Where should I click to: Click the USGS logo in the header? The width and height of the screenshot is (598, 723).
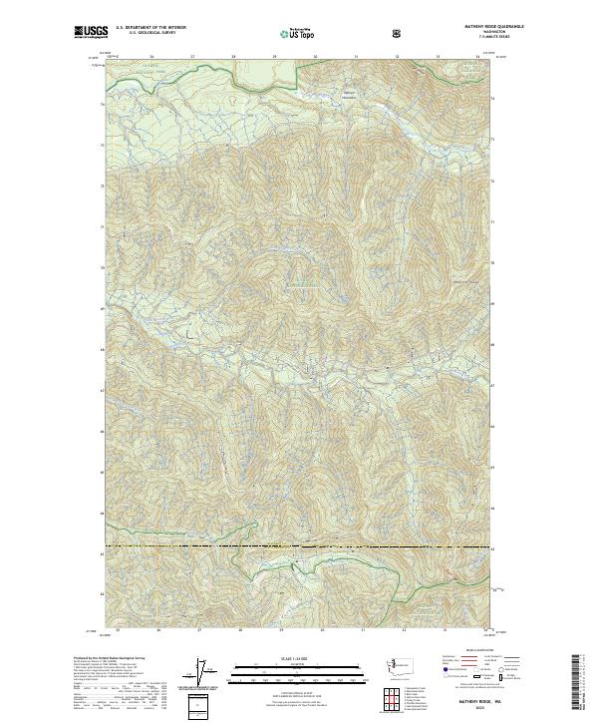[92, 34]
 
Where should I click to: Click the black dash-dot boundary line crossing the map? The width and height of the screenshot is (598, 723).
[299, 546]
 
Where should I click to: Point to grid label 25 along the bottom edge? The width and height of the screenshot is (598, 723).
[118, 630]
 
